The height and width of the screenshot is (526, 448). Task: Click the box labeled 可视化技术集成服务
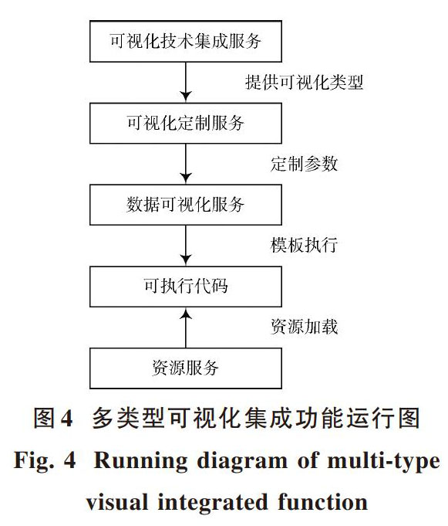186,41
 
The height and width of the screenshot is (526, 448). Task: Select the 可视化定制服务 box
186,123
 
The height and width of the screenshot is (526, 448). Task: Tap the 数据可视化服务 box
186,205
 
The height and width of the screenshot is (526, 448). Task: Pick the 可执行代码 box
186,287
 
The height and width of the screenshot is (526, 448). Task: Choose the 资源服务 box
186,368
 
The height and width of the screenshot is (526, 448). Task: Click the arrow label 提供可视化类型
304,82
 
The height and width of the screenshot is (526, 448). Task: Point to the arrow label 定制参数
304,164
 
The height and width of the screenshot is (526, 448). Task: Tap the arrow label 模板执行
304,245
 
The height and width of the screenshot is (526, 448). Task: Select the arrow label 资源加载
304,327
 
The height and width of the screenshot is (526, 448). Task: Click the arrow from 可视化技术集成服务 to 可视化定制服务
186,82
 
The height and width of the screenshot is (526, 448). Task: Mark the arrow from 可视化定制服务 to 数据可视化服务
186,164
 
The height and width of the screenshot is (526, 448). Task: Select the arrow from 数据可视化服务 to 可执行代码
186,246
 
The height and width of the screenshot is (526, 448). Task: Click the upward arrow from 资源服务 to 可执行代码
186,327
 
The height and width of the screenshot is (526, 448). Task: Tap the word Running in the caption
140,462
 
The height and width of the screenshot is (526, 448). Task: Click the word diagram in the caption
242,462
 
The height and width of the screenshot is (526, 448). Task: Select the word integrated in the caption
213,503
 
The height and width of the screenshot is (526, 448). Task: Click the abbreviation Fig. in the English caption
33,462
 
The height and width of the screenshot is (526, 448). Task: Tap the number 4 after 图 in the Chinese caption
67,419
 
